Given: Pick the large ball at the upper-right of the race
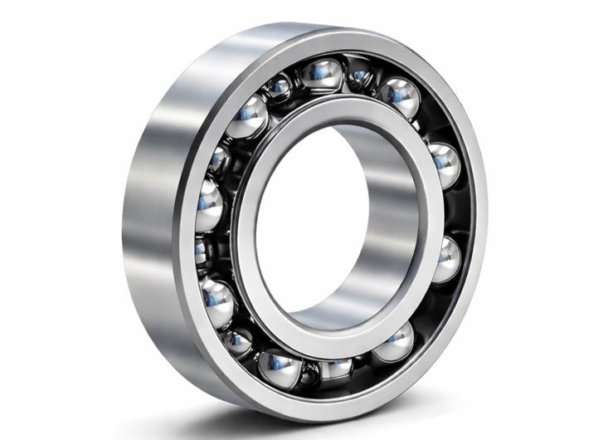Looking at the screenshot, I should pyautogui.click(x=400, y=97).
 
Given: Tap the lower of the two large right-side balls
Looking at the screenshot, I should pyautogui.click(x=445, y=259).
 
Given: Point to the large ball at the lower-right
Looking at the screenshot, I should pyautogui.click(x=394, y=341).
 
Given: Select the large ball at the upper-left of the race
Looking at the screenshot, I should pyautogui.click(x=250, y=114).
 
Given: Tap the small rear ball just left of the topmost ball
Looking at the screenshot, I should pyautogui.click(x=279, y=86).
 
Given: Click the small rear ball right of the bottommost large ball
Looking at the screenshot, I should pyautogui.click(x=337, y=369).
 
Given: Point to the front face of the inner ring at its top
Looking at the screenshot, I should pyautogui.click(x=332, y=107).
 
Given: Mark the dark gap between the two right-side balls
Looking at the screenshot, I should pyautogui.click(x=452, y=212).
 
